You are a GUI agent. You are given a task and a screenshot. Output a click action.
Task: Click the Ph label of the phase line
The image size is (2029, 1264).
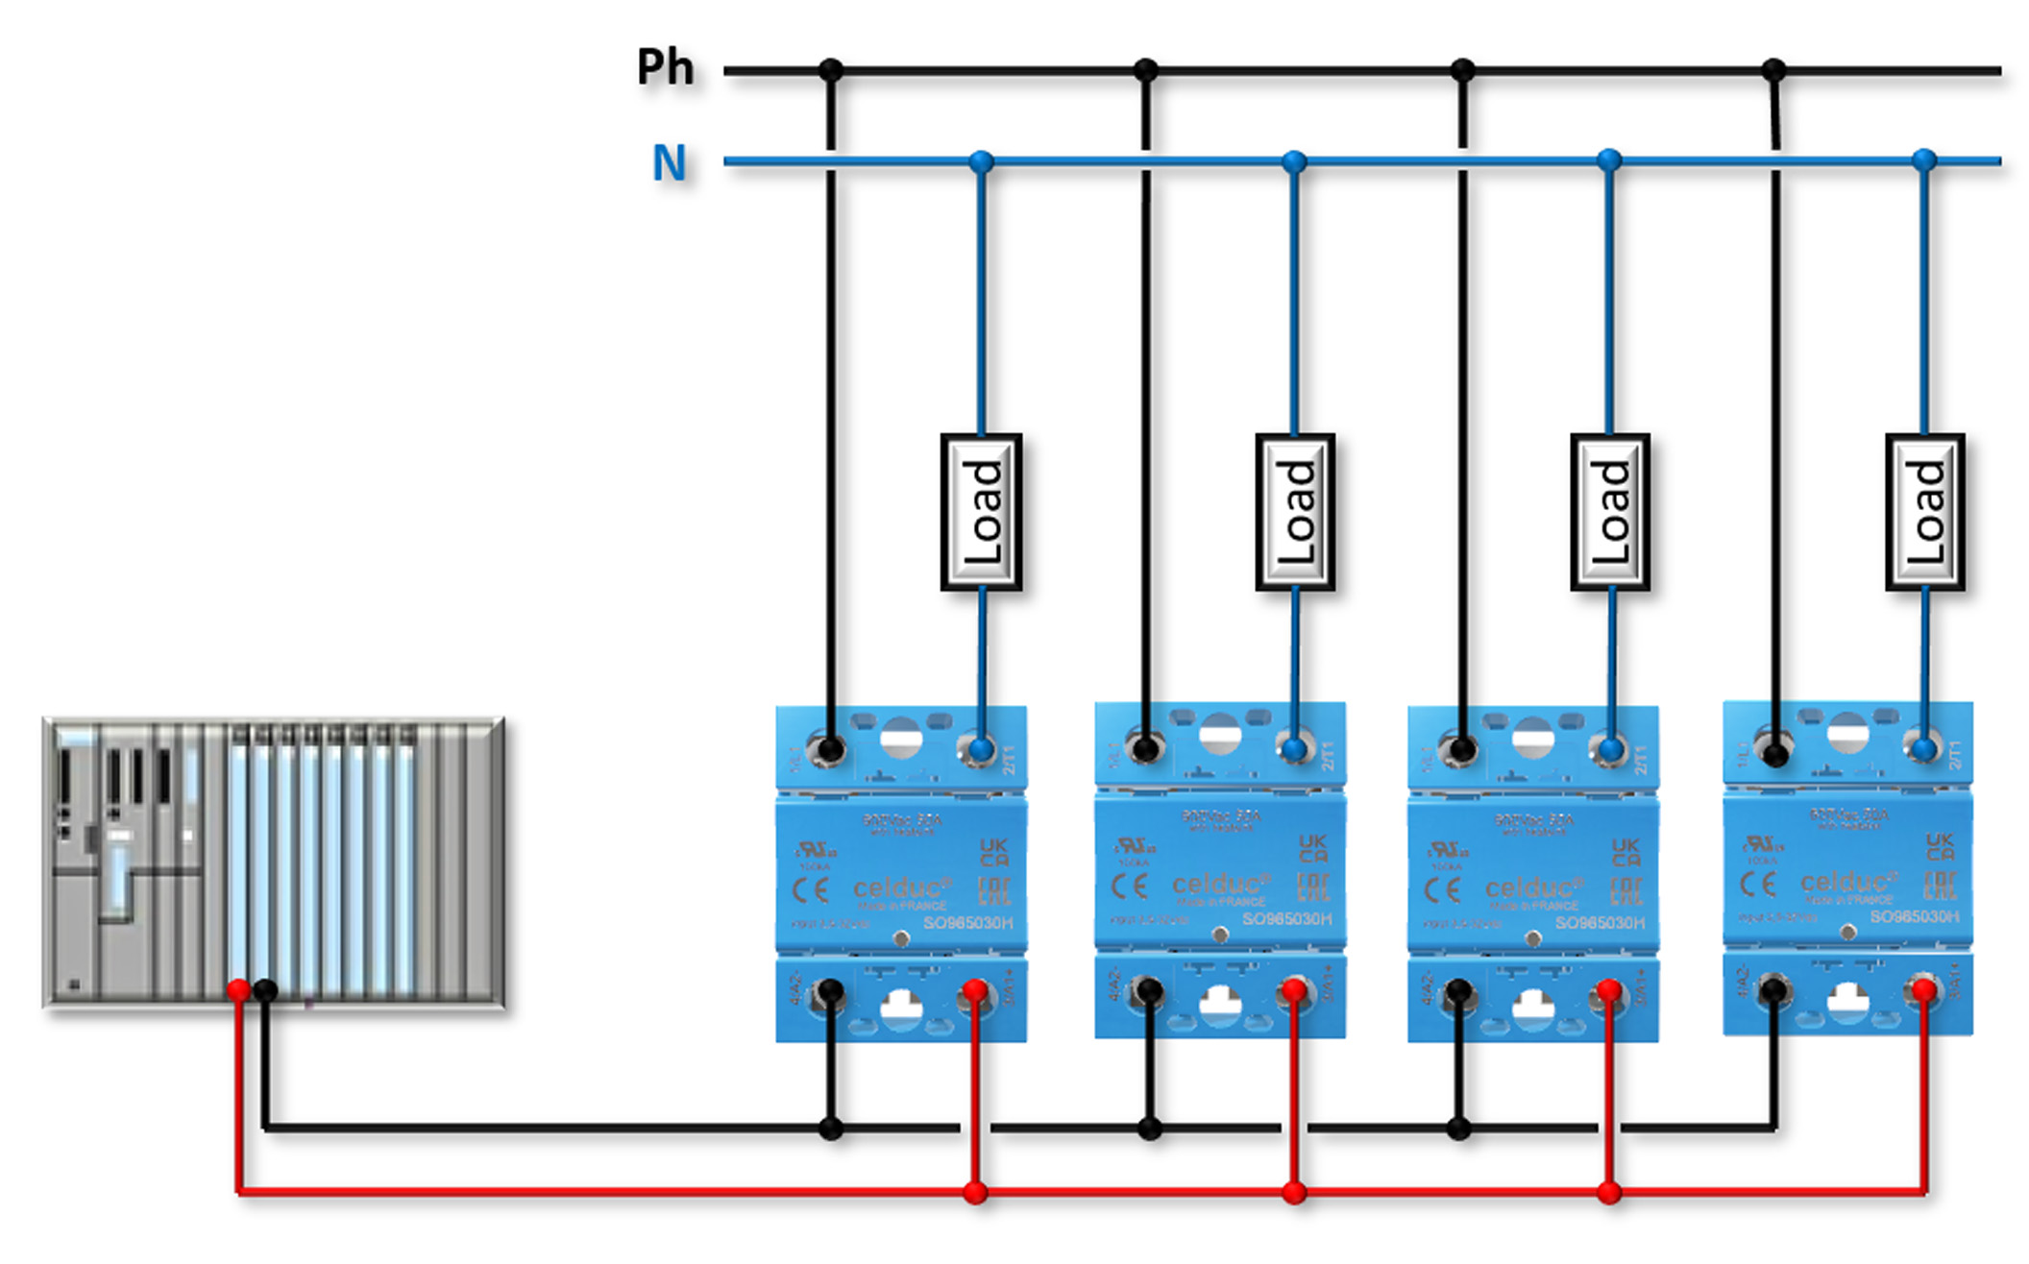point(665,67)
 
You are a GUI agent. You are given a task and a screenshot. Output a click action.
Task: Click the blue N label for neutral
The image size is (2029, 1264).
point(670,162)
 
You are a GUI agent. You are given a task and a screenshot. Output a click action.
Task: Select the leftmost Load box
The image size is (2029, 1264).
point(981,511)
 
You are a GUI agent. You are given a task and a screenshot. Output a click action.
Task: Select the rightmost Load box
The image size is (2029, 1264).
point(1924,511)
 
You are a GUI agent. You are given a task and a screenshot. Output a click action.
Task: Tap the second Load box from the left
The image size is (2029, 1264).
point(1295,511)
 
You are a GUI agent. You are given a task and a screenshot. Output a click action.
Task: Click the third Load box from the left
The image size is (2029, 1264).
point(1610,511)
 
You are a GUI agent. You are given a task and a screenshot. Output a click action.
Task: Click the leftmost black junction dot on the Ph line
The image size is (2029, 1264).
point(831,70)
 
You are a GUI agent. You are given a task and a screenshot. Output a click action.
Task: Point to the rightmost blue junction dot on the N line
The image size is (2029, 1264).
point(1923,160)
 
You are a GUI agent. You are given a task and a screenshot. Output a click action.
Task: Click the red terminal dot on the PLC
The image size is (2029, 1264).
point(238,990)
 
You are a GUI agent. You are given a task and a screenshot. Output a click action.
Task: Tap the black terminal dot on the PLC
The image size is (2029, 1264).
point(266,990)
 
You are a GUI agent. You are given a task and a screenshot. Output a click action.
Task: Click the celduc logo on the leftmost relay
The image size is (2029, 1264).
point(901,887)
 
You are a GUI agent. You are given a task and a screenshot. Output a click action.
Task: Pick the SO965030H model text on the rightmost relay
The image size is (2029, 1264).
point(1914,916)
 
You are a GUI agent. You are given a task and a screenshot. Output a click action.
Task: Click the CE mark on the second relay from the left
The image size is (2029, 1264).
point(1129,886)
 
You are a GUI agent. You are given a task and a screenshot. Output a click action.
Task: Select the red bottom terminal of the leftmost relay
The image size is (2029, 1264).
point(975,990)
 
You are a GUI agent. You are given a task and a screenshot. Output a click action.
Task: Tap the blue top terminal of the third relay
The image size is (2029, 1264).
point(1611,749)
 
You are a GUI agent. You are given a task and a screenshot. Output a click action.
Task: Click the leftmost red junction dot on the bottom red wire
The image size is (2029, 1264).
point(975,1193)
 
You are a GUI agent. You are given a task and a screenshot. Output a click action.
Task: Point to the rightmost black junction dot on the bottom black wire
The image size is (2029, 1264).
point(1459,1129)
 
